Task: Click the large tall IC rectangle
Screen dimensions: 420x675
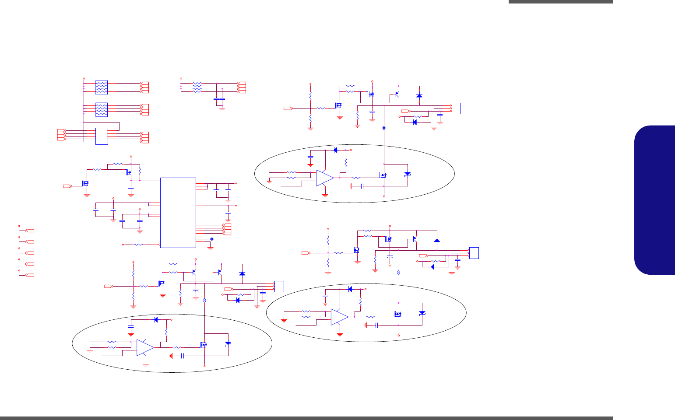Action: (x=178, y=213)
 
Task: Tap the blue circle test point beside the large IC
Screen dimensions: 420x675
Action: (x=212, y=239)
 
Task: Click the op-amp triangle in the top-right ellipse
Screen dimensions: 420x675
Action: (x=324, y=178)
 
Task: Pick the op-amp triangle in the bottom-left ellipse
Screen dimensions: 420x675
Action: (x=145, y=347)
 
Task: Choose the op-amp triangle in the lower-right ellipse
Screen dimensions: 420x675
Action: (x=339, y=317)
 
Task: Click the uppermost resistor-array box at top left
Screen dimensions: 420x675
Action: (x=102, y=87)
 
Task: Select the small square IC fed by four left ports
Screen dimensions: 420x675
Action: (x=102, y=136)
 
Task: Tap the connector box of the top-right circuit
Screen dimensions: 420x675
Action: (x=456, y=108)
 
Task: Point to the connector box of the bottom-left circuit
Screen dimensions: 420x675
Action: (x=279, y=286)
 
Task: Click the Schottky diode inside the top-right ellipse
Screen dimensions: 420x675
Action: (x=408, y=174)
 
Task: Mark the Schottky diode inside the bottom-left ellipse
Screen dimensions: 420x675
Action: (x=228, y=343)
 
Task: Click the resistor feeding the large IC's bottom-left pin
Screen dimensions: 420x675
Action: (x=139, y=245)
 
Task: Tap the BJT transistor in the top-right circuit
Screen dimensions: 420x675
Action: (x=397, y=94)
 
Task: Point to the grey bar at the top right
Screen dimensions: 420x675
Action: (x=561, y=2)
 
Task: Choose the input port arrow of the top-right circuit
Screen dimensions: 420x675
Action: (x=288, y=108)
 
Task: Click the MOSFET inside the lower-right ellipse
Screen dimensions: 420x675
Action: (x=398, y=314)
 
